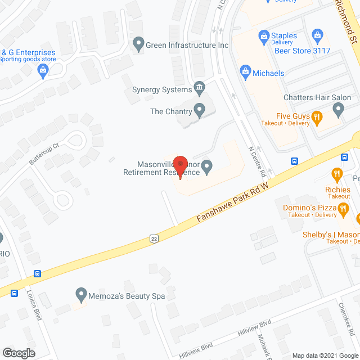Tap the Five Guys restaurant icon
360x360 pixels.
point(317,117)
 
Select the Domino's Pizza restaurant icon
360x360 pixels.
point(343,209)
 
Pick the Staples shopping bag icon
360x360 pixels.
point(263,37)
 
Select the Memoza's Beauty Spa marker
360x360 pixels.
point(81,294)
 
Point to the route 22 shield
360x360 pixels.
point(154,238)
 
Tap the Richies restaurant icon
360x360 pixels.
point(337,174)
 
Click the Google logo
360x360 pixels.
point(18,353)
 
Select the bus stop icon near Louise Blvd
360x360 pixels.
point(37,274)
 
